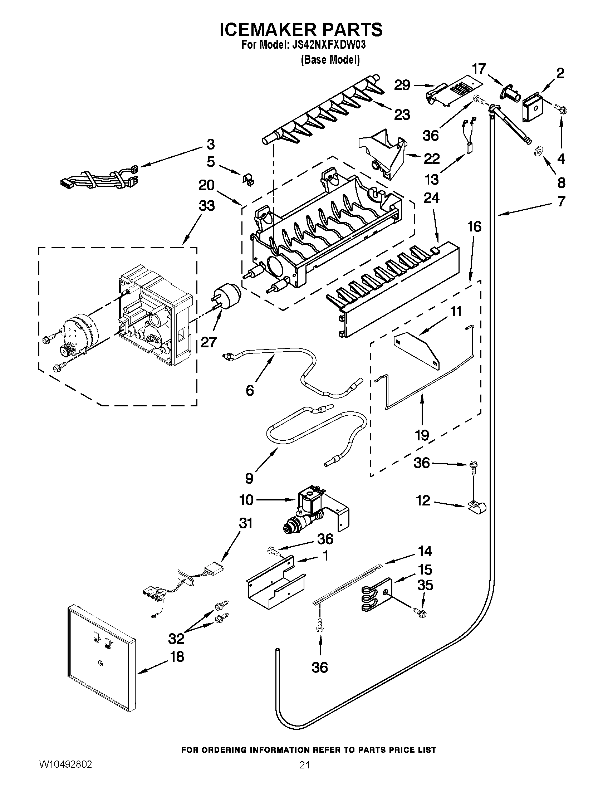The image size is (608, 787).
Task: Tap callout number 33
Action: tap(207, 206)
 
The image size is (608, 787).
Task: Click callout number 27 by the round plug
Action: tap(209, 342)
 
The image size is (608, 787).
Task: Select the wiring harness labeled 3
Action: tap(99, 178)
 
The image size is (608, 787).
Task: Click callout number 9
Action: tap(249, 478)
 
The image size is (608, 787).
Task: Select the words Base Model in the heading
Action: tap(330, 59)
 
